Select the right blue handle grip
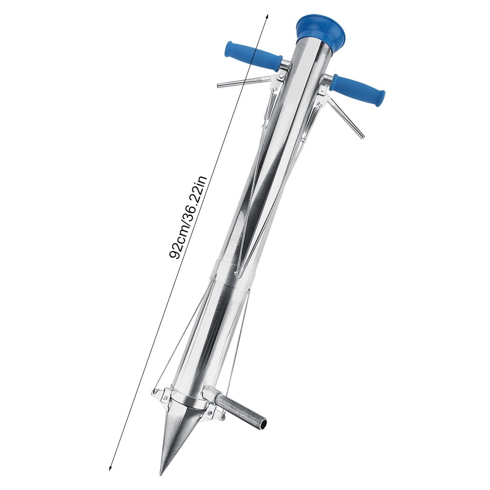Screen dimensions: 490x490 (x=357, y=90)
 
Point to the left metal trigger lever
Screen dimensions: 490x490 (x=242, y=82)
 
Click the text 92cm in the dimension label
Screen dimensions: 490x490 (x=178, y=243)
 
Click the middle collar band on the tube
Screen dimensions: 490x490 (x=233, y=271)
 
